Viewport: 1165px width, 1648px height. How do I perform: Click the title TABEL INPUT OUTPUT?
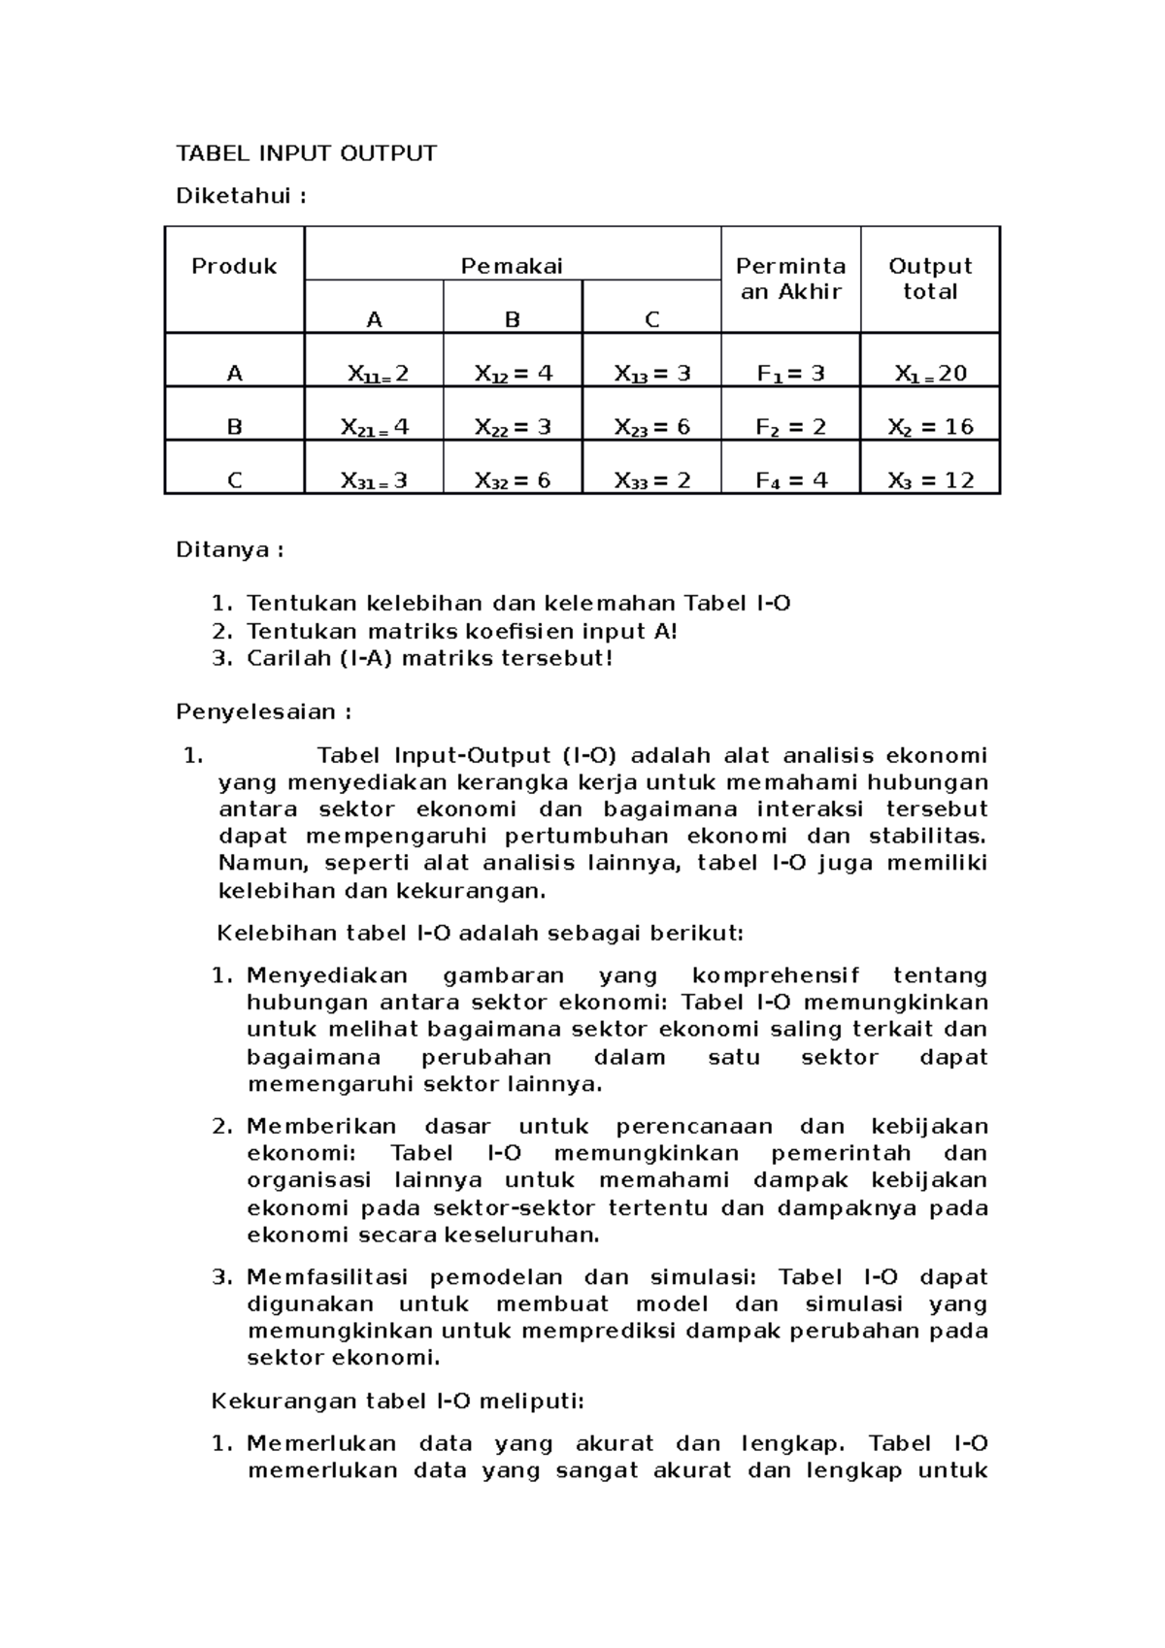(306, 153)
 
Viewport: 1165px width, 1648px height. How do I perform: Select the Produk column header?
(234, 267)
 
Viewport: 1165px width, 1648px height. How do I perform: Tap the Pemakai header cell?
(512, 267)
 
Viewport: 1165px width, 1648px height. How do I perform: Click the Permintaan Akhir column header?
(790, 280)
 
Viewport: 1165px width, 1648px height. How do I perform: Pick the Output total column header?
(930, 280)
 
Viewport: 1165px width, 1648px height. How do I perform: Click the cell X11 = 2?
(374, 374)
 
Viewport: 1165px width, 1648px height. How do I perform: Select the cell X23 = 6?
(651, 427)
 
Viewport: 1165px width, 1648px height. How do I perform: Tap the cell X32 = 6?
(513, 480)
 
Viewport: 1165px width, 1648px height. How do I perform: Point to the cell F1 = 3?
(790, 374)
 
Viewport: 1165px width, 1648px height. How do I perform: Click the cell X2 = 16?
(930, 427)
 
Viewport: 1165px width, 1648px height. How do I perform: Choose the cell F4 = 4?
(790, 480)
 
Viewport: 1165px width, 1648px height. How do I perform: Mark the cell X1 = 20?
(930, 374)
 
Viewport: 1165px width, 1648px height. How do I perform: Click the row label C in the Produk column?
(234, 480)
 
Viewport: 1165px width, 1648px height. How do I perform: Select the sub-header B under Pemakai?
(513, 320)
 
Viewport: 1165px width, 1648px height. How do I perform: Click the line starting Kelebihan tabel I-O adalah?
(479, 934)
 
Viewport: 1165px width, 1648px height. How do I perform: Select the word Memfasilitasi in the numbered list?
(327, 1277)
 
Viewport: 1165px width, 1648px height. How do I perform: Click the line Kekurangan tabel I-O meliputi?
(398, 1401)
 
